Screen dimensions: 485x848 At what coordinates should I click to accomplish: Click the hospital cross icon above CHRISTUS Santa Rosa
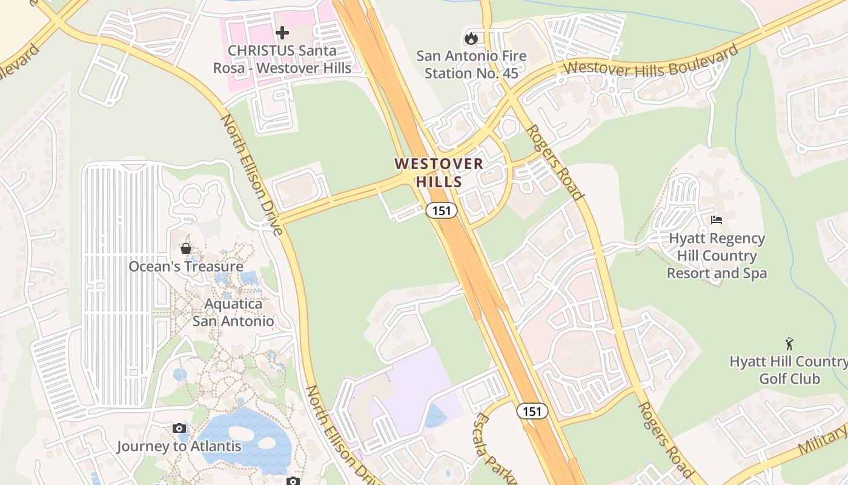point(282,33)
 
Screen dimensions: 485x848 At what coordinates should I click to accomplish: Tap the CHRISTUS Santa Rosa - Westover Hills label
point(282,59)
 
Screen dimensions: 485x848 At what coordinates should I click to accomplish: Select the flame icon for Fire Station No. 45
point(471,38)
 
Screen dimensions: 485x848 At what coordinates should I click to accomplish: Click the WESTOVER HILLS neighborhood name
point(439,172)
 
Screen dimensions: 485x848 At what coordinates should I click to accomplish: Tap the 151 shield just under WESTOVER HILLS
point(441,210)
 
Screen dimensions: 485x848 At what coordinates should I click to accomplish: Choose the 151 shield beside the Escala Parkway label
point(532,411)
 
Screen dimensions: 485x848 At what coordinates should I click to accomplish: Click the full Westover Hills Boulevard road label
point(651,60)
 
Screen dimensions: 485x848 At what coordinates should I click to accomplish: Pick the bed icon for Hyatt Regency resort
point(717,219)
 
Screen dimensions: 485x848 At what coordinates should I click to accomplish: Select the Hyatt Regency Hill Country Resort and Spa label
point(717,256)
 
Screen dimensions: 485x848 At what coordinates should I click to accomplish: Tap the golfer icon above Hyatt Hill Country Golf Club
point(789,344)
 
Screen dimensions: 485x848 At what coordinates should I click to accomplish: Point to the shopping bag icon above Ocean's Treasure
point(186,249)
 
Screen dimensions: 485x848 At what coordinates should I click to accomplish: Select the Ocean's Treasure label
point(186,266)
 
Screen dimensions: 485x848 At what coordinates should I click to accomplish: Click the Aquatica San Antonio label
point(233,312)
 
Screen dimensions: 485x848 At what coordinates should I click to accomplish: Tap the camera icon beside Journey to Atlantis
point(179,429)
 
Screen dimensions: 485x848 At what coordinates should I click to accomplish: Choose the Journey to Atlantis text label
point(179,447)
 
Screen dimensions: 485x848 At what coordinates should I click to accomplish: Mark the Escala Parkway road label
point(494,449)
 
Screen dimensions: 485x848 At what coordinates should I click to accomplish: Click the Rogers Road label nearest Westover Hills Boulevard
point(554,162)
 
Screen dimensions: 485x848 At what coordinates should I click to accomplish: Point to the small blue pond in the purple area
point(436,416)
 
